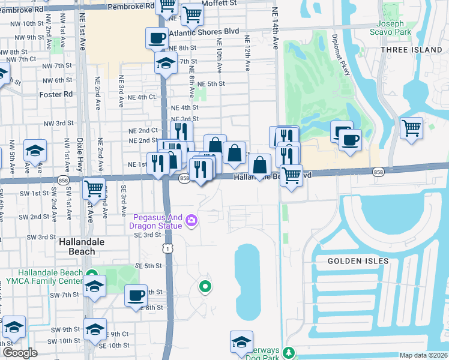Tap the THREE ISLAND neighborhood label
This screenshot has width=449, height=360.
coord(414,50)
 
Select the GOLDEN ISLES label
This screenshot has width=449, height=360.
coord(358,261)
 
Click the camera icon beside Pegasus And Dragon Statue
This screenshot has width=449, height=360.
coord(191,221)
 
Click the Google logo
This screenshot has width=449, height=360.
coord(19,353)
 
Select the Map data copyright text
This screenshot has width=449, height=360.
coord(423,355)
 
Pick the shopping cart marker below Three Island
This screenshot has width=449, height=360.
coord(411,127)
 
